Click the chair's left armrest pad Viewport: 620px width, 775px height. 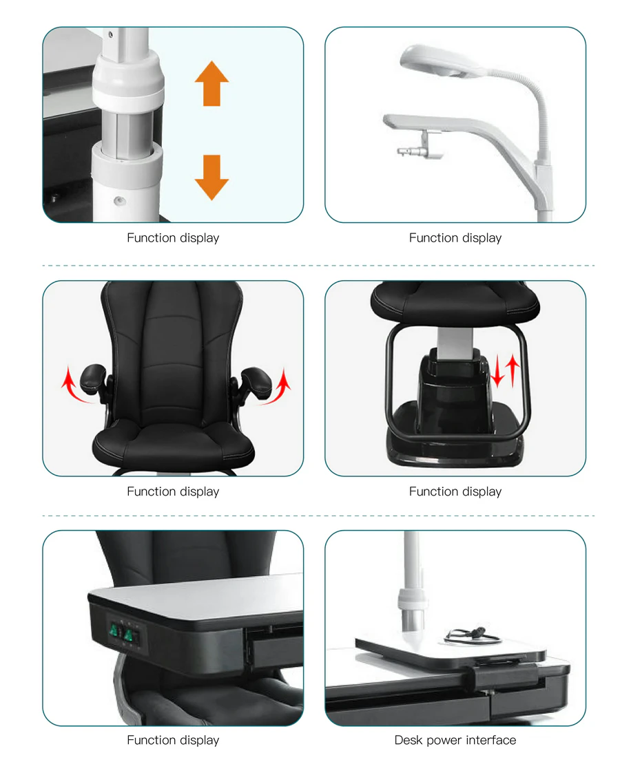pos(93,376)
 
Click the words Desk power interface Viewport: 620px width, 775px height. pos(455,740)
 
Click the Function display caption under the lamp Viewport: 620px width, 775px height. pos(455,237)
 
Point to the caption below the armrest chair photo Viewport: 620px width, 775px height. pos(173,491)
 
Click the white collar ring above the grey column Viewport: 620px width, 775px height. pos(128,76)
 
